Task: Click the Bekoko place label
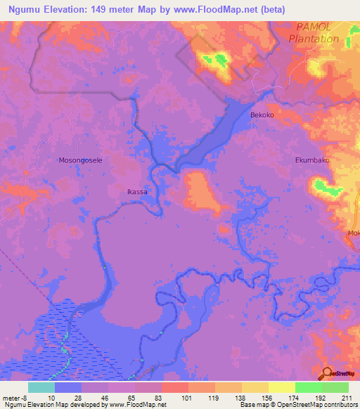point(262,114)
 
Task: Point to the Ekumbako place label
point(311,160)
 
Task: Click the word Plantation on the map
point(318,39)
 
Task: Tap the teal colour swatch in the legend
point(41,387)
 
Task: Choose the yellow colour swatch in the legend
point(282,387)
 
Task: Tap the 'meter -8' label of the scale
point(14,398)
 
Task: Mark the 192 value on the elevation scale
point(321,398)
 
